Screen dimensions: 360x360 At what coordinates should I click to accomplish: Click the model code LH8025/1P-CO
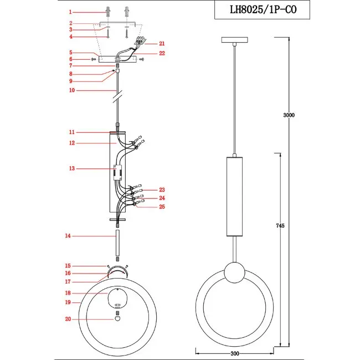[263, 9]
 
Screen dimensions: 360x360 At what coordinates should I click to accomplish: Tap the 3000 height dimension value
[289, 115]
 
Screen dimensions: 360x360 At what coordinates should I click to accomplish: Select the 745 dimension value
[280, 225]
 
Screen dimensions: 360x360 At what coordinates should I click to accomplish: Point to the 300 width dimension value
[235, 353]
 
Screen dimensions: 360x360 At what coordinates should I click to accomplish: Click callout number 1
[70, 12]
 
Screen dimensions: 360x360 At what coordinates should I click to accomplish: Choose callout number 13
[72, 168]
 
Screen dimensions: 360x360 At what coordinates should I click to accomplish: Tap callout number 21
[162, 44]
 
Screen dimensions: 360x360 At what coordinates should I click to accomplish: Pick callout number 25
[162, 207]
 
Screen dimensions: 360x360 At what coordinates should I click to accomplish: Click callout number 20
[68, 319]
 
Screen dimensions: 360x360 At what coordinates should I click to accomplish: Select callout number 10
[72, 90]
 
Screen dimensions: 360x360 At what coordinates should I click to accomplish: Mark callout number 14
[68, 235]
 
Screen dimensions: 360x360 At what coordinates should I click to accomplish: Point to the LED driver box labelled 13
[118, 172]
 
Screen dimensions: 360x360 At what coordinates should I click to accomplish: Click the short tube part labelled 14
[117, 243]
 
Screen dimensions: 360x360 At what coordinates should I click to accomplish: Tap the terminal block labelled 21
[141, 40]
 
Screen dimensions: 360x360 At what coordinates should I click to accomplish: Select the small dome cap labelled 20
[117, 318]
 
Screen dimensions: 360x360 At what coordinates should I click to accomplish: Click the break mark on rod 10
[118, 97]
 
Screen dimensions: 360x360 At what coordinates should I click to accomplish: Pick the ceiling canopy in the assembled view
[235, 40]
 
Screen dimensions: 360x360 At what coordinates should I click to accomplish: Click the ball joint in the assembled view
[234, 272]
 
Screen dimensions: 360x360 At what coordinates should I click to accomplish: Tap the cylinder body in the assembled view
[234, 197]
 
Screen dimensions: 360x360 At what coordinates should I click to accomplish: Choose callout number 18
[68, 293]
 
